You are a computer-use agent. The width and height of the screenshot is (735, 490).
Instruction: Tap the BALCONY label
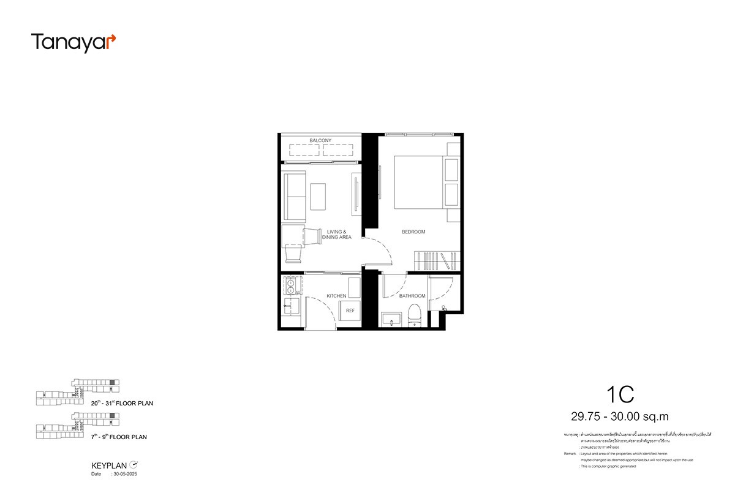point(320,141)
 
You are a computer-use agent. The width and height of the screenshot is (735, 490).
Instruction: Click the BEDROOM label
point(413,232)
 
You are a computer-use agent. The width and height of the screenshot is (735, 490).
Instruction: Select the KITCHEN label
point(336,296)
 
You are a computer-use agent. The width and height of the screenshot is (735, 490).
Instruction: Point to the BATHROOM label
point(412,296)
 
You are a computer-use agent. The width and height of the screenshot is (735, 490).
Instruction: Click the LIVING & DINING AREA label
point(336,235)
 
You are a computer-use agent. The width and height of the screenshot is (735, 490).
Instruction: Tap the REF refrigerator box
point(350,311)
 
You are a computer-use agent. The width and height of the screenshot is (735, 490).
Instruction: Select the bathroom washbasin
point(390,318)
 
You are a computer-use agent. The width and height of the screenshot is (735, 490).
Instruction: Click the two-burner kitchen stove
point(290,286)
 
